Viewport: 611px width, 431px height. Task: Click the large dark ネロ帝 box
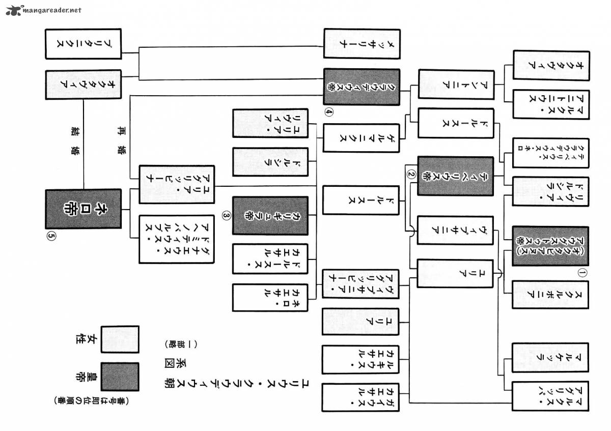point(84,209)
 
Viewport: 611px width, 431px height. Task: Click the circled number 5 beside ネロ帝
point(51,237)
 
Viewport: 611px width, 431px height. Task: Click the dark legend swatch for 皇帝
point(120,377)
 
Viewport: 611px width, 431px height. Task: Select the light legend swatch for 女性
point(120,339)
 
